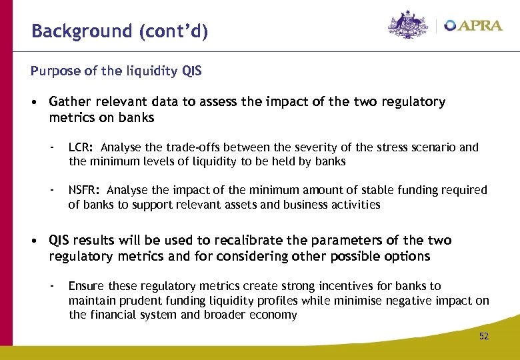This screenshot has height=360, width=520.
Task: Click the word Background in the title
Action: coord(73,31)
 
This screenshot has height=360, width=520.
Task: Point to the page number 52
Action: coord(483,336)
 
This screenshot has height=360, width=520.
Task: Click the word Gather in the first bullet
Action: coord(69,102)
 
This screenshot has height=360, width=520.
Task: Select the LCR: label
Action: coord(82,147)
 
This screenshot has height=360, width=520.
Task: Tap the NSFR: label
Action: coord(85,191)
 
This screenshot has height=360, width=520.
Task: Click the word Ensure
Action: coord(87,286)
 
